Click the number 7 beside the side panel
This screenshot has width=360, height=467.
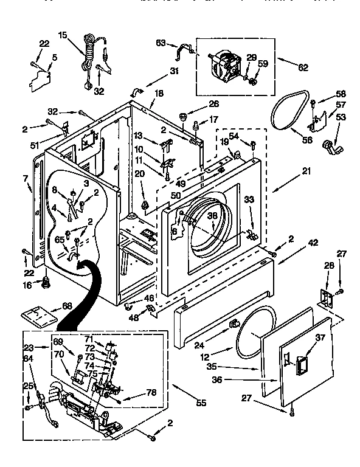click(x=26, y=178)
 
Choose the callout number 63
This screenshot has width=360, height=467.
click(x=161, y=43)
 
